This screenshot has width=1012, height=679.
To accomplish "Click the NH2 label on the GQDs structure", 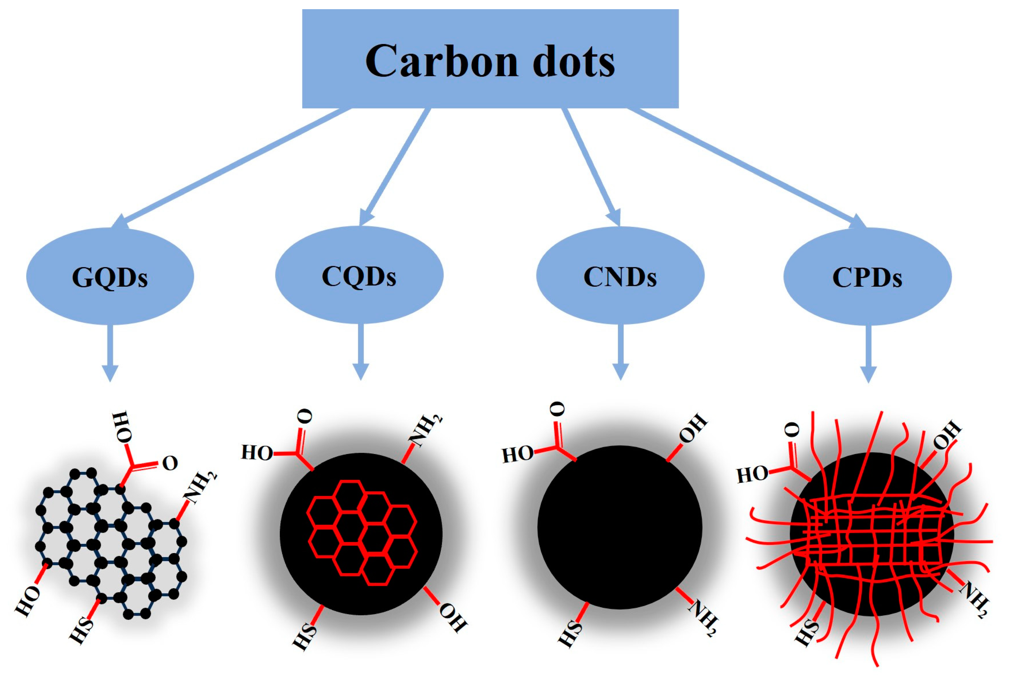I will [200, 488].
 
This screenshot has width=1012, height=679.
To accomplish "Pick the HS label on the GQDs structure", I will [81, 631].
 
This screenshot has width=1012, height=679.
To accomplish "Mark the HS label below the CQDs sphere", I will [305, 637].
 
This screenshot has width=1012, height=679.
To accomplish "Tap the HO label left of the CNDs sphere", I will [517, 455].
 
